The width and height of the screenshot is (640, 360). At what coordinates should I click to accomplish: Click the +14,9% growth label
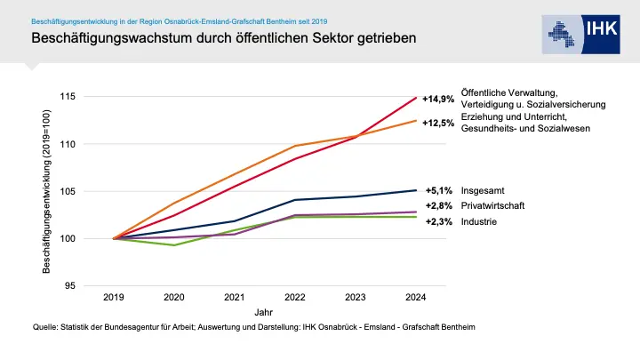click(x=438, y=99)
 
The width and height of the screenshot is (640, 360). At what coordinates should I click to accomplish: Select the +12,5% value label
click(x=438, y=123)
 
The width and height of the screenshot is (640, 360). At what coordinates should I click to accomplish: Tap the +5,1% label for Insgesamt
click(x=439, y=190)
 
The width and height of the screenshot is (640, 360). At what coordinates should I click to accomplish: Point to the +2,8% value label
click(x=439, y=205)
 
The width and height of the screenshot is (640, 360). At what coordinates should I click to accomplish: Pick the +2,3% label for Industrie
click(x=439, y=221)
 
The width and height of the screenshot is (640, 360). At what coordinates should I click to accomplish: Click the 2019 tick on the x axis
click(x=114, y=297)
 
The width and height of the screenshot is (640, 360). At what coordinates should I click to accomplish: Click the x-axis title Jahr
click(x=264, y=313)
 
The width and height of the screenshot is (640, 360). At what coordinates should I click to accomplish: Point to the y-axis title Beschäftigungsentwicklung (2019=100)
click(x=47, y=191)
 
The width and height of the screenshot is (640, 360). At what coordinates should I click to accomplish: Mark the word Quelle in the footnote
click(x=44, y=328)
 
